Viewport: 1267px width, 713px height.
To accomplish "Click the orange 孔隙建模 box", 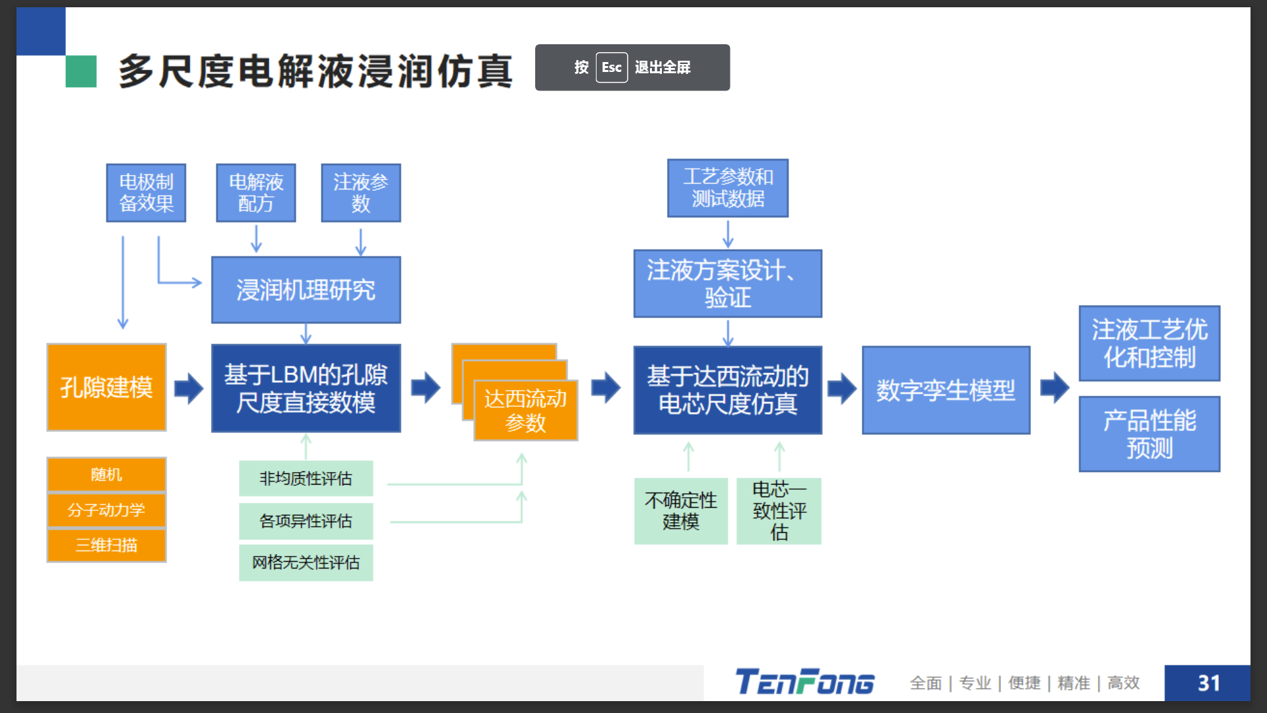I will click(106, 388).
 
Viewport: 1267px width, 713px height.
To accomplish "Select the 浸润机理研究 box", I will click(306, 290).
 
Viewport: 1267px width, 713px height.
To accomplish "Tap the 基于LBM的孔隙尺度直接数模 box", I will click(306, 388).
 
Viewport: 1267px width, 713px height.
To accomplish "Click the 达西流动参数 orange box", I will click(525, 410).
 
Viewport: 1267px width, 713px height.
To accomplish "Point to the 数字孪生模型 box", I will click(945, 390).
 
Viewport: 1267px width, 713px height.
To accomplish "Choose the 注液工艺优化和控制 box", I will click(1149, 343).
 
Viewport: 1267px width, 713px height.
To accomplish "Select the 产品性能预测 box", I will click(1149, 434).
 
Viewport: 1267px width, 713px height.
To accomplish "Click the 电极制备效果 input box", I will click(146, 193).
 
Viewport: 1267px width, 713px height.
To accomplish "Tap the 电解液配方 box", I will click(255, 193).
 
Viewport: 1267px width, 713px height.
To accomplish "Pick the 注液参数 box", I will click(360, 193).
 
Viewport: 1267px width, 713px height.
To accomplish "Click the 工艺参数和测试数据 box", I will click(727, 188).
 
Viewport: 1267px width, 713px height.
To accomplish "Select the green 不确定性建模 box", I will click(680, 511).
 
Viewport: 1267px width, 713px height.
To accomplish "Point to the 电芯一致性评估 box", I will click(779, 511).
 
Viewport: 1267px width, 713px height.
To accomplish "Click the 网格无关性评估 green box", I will click(306, 562).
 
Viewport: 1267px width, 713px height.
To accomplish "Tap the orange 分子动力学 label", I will click(106, 510).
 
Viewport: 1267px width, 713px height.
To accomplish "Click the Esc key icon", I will click(611, 67).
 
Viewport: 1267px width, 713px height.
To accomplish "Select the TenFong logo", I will click(805, 682).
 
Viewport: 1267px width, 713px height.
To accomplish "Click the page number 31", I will click(1208, 683).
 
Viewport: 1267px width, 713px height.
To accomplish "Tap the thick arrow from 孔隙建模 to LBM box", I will click(189, 388).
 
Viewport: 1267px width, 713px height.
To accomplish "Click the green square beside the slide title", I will click(81, 71).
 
